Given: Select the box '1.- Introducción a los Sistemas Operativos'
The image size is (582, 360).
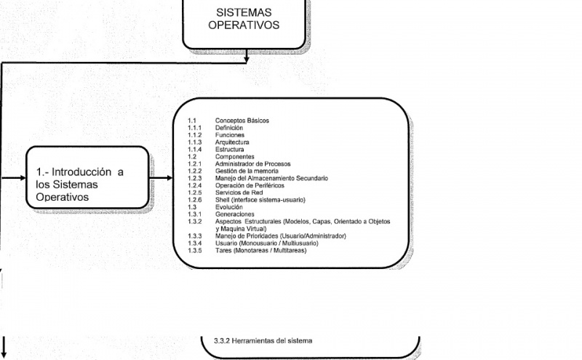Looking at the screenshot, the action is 87,177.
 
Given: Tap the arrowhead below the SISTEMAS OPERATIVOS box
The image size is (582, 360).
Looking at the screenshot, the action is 246,59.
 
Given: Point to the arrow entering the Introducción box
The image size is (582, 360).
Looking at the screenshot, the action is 13,177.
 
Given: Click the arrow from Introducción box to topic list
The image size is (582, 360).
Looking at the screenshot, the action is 161,177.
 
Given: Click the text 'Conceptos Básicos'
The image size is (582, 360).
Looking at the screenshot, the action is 242,121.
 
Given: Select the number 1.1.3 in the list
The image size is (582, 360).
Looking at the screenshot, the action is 194,142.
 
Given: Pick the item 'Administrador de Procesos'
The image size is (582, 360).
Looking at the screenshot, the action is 252,164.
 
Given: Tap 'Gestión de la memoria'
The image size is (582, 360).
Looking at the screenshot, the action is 247,171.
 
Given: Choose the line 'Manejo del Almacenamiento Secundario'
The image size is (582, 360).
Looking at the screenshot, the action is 271,178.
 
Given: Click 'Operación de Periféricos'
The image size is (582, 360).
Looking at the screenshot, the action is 250,185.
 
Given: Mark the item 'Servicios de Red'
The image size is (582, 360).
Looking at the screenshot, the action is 239,193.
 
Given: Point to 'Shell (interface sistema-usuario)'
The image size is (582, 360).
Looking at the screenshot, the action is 260,200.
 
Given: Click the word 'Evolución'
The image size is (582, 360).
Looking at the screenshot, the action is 229,207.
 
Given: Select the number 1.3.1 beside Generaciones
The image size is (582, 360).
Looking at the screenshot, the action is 194,214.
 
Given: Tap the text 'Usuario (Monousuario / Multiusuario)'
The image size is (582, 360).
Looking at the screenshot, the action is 267,244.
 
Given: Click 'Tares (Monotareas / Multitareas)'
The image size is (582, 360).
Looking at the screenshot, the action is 261,250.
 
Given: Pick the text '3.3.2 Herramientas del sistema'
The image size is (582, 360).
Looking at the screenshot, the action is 263,340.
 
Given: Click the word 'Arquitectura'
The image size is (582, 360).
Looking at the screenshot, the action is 232,142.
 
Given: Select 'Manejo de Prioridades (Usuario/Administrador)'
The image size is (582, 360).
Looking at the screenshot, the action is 281,236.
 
